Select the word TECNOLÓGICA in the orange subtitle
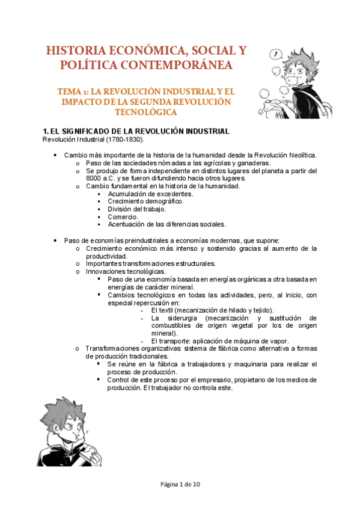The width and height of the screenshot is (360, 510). (x=146, y=112)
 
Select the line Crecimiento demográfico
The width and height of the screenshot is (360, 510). (x=146, y=201)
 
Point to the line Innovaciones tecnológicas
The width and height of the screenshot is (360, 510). (x=126, y=271)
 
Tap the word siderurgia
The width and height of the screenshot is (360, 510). (x=180, y=318)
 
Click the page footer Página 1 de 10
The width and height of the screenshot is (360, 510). (x=180, y=484)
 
